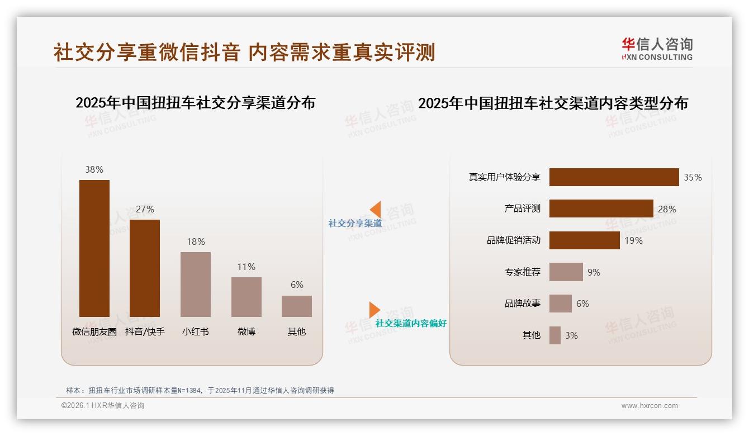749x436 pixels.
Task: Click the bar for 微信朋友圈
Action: click(94, 248)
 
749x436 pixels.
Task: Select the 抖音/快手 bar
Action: click(145, 268)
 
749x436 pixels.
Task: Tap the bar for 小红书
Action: click(196, 284)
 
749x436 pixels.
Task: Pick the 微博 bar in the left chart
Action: click(246, 297)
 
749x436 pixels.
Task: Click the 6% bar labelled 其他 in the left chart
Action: click(297, 306)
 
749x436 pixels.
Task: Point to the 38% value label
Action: click(94, 169)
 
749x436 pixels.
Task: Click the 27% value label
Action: click(145, 209)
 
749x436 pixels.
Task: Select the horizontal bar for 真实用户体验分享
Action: click(614, 177)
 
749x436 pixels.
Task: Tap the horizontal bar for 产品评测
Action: click(601, 208)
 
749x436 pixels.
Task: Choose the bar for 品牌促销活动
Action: click(584, 240)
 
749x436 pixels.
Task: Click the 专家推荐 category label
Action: click(523, 272)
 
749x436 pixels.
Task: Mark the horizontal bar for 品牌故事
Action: click(560, 304)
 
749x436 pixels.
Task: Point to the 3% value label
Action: click(571, 335)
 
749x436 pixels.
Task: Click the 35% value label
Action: click(693, 177)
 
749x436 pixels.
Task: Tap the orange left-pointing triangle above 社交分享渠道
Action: click(376, 210)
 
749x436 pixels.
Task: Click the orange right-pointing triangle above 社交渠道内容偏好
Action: click(374, 309)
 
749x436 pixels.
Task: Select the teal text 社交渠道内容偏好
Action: click(411, 323)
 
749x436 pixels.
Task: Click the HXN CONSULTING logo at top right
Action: click(657, 49)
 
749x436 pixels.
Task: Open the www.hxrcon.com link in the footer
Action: click(650, 406)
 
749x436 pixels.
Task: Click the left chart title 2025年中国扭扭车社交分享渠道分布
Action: click(195, 103)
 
